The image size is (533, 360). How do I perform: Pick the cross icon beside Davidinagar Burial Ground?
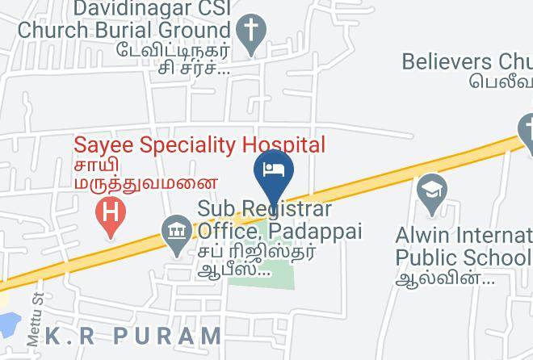tap(252, 33)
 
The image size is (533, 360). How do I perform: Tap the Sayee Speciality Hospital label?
tap(199, 145)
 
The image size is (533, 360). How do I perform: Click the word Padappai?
tap(316, 232)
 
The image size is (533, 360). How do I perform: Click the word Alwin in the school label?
tap(422, 235)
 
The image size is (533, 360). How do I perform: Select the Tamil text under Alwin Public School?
tap(444, 278)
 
